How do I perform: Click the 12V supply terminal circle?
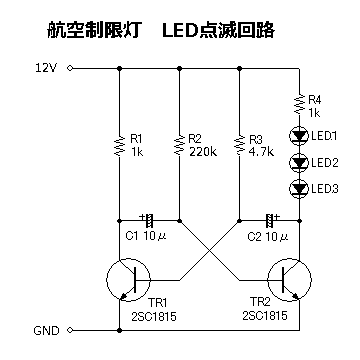tap(70, 68)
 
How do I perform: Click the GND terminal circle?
tap(70, 330)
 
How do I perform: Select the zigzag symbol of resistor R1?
tap(119, 146)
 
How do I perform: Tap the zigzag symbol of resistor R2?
tap(179, 146)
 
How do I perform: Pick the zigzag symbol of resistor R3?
tap(239, 146)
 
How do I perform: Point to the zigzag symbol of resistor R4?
tap(299, 104)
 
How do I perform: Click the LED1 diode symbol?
tap(299, 136)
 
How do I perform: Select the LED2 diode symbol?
tap(299, 162)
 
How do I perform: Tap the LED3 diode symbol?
tap(299, 189)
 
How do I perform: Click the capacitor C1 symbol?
tap(148, 220)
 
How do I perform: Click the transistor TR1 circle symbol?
tap(128, 280)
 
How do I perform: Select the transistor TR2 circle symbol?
tap(290, 280)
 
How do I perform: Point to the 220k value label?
tap(203, 152)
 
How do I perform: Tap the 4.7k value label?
tap(261, 152)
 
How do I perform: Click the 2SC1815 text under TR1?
tap(154, 316)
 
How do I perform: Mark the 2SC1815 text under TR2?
tap(265, 315)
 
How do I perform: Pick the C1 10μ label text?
tap(146, 236)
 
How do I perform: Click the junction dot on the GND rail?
tap(119, 330)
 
